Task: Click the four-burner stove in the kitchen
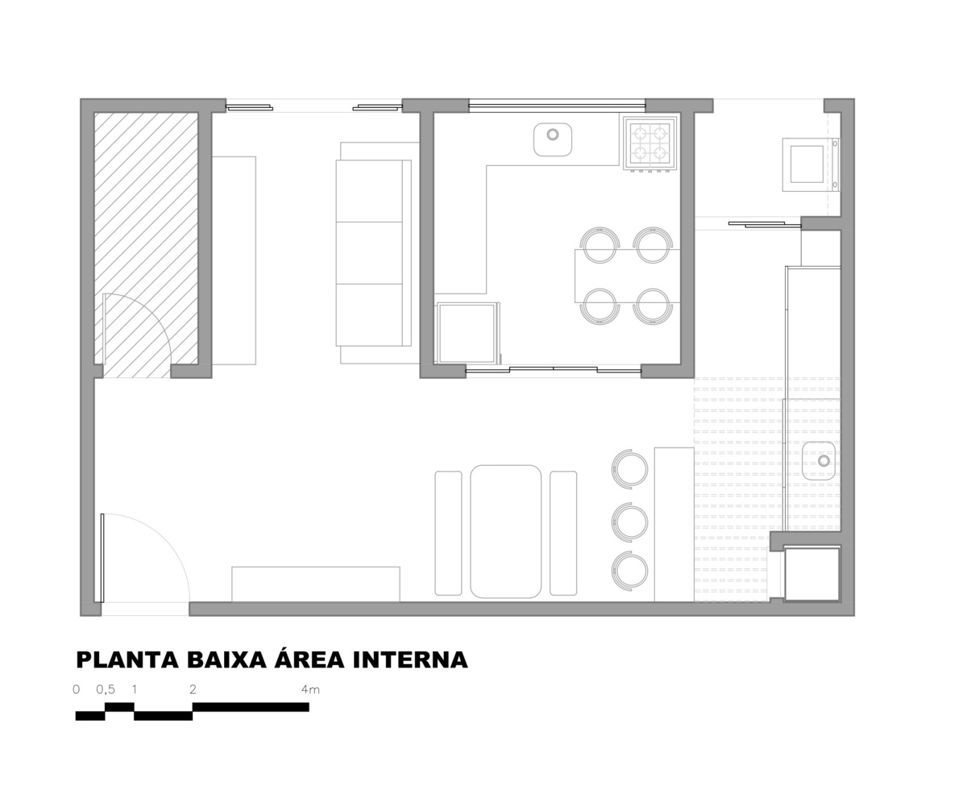[x=650, y=143]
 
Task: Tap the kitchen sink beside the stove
[x=553, y=139]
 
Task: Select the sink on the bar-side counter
[x=819, y=460]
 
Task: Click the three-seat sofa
[x=373, y=253]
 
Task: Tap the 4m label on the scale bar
[x=310, y=689]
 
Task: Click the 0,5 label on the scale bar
[x=106, y=689]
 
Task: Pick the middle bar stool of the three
[x=629, y=522]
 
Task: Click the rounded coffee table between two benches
[x=505, y=532]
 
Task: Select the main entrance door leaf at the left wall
[x=102, y=557]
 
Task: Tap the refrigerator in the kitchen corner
[x=467, y=333]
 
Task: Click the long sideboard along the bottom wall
[x=315, y=584]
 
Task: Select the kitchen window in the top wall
[x=557, y=106]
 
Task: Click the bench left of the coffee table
[x=448, y=533]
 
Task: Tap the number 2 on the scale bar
[x=193, y=689]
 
